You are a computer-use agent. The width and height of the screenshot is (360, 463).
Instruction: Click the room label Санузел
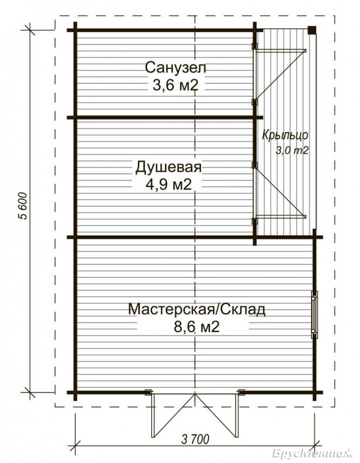[175, 67]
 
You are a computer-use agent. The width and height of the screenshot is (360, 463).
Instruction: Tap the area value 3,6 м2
[174, 85]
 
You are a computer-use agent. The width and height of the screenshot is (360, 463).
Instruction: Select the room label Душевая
[169, 167]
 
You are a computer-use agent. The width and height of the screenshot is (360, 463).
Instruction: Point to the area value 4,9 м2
[169, 185]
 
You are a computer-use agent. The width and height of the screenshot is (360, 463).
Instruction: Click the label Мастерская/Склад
[197, 310]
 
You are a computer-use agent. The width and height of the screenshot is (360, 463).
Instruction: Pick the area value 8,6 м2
[196, 327]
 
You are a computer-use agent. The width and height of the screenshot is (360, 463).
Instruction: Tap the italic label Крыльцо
[285, 135]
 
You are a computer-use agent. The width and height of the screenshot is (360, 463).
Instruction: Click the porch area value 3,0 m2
[292, 151]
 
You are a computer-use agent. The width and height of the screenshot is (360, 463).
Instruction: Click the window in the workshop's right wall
[315, 314]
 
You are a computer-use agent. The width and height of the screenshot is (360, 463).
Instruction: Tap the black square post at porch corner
[312, 30]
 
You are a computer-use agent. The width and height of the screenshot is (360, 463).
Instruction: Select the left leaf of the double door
[173, 415]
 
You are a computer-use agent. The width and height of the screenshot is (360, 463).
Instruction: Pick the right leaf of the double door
[217, 415]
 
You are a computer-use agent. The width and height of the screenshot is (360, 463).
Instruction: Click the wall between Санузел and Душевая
[165, 117]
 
